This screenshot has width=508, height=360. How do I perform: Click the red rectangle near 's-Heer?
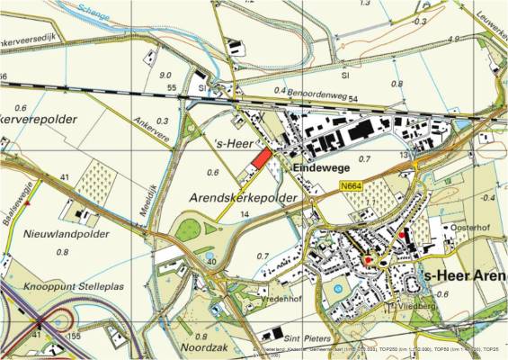pos(259,159)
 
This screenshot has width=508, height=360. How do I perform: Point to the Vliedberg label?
pos(405,307)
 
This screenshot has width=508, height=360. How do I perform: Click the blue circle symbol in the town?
pos(337,290)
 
